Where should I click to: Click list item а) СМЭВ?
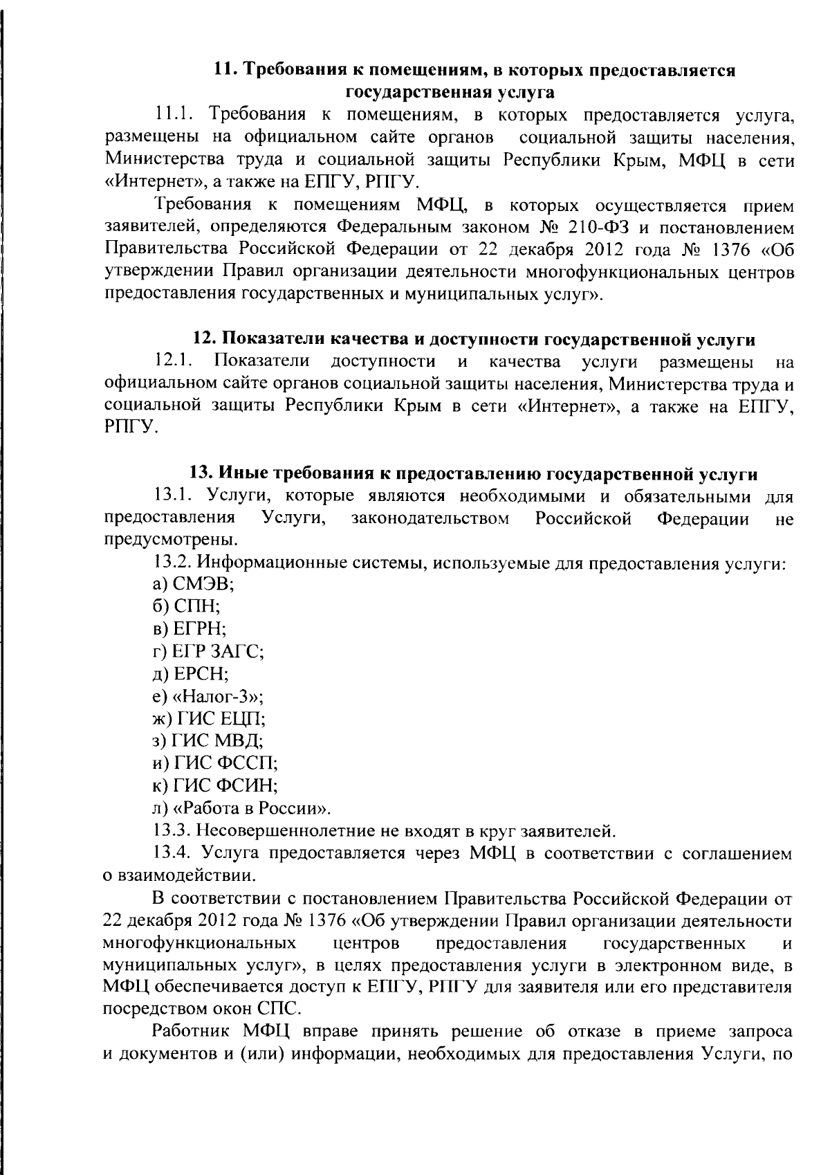coord(193,584)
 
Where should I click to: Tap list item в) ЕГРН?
coord(190,629)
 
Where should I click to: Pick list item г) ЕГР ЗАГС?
coord(208,651)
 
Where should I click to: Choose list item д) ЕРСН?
coord(190,673)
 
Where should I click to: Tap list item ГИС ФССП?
coord(215,763)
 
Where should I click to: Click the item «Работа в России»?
coord(241,808)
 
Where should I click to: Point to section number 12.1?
coord(173,361)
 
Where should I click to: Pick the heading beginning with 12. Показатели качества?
coord(473,340)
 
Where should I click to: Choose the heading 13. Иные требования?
coord(473,475)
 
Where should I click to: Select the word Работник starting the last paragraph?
coord(193,1033)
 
